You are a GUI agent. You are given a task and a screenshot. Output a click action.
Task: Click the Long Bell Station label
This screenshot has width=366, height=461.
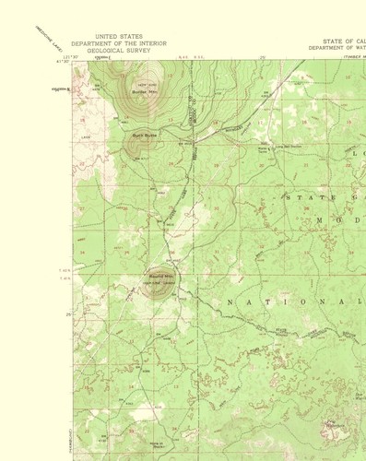click(264, 145)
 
